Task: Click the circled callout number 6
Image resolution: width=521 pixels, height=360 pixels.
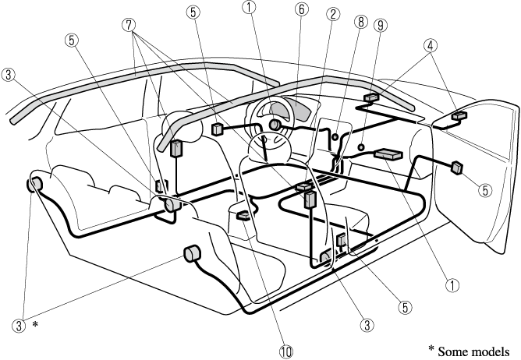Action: pos(300,10)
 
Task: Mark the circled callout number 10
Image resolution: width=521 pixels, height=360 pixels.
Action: pos(286,351)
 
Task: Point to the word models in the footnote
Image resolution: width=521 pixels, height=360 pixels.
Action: pos(493,349)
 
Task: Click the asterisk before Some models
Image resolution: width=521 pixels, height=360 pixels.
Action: pos(431,348)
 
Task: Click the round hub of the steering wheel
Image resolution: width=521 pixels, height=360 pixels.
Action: pos(275,125)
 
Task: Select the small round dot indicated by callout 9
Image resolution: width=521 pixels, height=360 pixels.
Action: pos(362,145)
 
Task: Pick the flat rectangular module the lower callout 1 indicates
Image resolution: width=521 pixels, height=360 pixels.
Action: pos(388,154)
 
